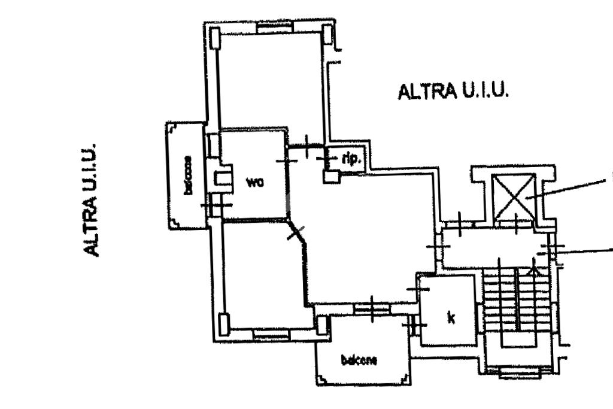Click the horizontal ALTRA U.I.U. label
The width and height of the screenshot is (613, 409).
(x=453, y=92)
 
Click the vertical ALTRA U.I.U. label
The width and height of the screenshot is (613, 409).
(x=90, y=200)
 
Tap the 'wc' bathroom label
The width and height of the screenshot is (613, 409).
(x=255, y=182)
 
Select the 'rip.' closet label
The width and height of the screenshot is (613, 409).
(x=350, y=159)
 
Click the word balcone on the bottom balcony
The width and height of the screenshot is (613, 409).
(x=359, y=360)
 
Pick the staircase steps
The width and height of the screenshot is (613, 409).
(x=515, y=305)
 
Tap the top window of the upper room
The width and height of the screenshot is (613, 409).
(x=275, y=27)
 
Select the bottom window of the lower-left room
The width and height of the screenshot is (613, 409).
(x=271, y=334)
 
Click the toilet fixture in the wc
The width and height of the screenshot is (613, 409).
(x=223, y=178)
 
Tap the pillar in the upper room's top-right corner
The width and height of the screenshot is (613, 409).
(x=327, y=34)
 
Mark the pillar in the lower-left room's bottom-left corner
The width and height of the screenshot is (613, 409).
(x=224, y=324)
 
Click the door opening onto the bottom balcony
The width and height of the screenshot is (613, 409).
(x=372, y=309)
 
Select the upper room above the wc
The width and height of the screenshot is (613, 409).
(x=271, y=81)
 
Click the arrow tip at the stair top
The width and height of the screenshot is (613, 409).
(x=535, y=269)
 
